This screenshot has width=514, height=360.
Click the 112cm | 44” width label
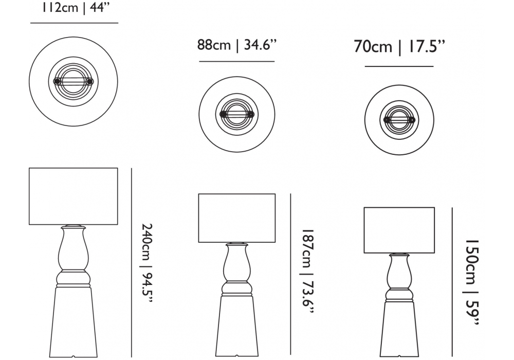point(75,7)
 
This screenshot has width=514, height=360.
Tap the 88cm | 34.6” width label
point(237,45)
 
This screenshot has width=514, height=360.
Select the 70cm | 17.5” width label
point(399,47)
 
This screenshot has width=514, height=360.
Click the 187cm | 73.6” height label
point(307,272)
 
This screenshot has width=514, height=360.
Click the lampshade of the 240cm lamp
point(74,196)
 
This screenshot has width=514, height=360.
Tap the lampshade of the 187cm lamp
point(237,218)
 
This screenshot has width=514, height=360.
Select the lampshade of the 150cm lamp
point(399,230)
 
